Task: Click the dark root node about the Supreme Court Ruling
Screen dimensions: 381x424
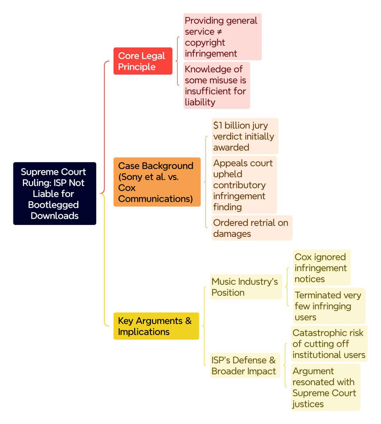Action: [x=55, y=193]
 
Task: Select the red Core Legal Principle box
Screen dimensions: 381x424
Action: [x=143, y=61]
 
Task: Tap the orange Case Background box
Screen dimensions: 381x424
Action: [x=157, y=182]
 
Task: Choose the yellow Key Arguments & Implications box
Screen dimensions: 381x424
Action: [x=156, y=326]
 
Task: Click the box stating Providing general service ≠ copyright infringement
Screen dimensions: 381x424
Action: [x=223, y=37]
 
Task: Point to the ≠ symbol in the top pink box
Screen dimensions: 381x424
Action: [x=219, y=32]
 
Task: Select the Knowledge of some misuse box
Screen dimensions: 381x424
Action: [x=217, y=85]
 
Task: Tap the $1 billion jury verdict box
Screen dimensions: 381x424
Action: [x=245, y=136]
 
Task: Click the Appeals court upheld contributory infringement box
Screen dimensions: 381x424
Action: [x=244, y=185]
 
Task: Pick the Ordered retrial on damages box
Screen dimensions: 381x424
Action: [x=252, y=228]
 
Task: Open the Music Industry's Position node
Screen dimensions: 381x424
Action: [x=246, y=287]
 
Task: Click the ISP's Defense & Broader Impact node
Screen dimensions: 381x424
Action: [x=245, y=365]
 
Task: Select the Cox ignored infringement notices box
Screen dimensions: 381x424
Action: [x=322, y=268]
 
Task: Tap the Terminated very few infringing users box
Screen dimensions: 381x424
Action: [x=329, y=306]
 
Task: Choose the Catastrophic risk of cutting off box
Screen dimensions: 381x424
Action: [x=329, y=344]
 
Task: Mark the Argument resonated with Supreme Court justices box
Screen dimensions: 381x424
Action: [x=326, y=387]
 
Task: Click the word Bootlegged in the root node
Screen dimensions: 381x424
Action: [x=53, y=205]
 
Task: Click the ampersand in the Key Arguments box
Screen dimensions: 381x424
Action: [x=188, y=321]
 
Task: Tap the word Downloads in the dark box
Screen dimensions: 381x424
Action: [x=55, y=216]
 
